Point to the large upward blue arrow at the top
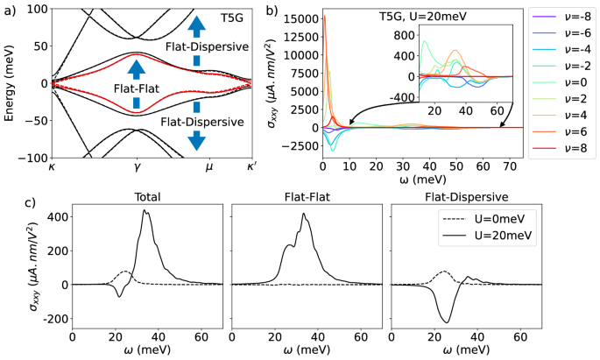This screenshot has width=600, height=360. coord(196,26)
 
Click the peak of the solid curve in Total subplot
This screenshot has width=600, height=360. coord(145,211)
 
